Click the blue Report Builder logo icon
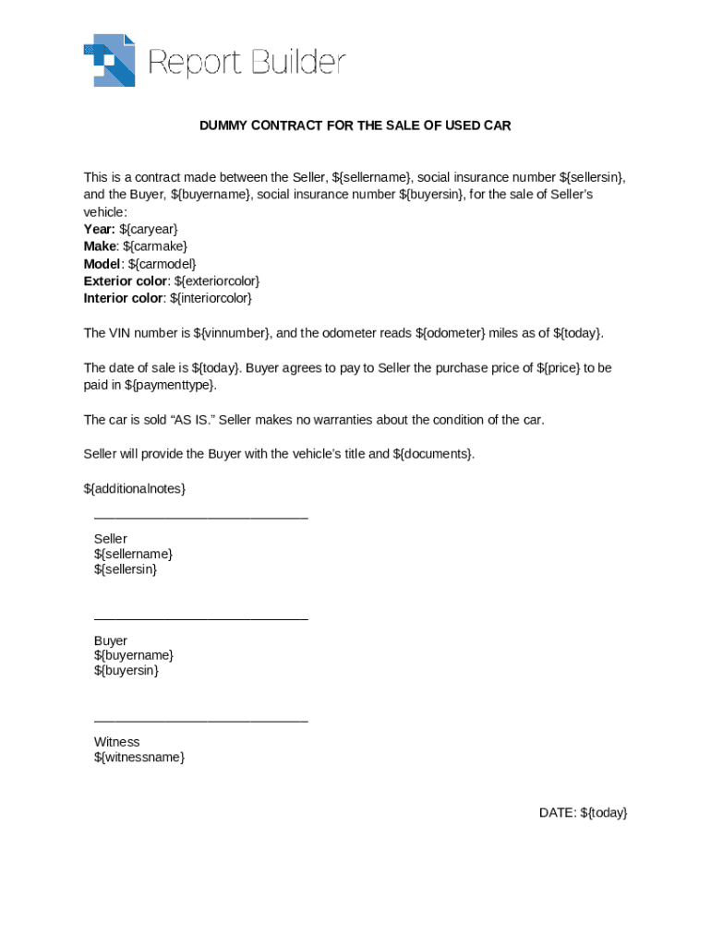tap(109, 61)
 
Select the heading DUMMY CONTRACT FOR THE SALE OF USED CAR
tap(355, 126)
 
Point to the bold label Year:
tap(99, 229)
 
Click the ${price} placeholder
tap(559, 368)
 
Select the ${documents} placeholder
tap(433, 454)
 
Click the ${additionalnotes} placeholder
tap(135, 488)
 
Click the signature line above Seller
tap(200, 519)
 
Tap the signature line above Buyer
tap(200, 619)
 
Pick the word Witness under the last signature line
tap(116, 742)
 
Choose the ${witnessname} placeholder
tap(139, 758)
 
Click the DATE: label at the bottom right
tap(558, 813)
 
